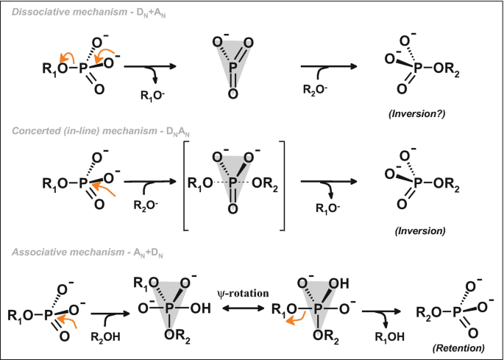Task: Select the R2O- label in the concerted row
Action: (x=146, y=208)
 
